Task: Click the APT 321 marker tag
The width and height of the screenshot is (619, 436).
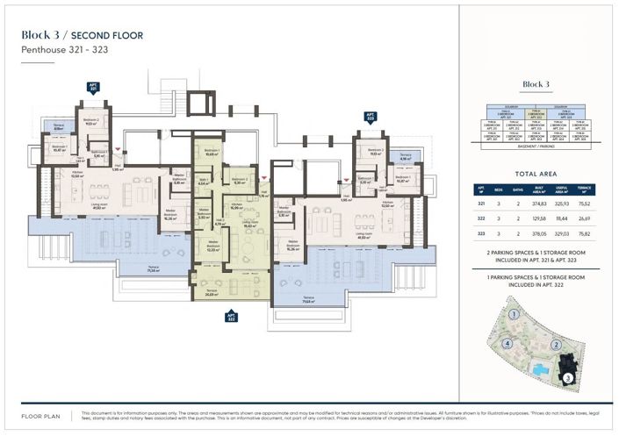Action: pyautogui.click(x=93, y=88)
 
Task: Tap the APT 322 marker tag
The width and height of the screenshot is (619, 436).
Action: pyautogui.click(x=232, y=317)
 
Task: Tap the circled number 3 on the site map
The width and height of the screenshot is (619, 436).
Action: pyautogui.click(x=568, y=377)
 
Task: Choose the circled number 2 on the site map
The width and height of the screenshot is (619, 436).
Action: pyautogui.click(x=556, y=345)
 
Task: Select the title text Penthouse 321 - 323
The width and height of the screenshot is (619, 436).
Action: pyautogui.click(x=64, y=50)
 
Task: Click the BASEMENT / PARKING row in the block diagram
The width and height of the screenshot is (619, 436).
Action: pyautogui.click(x=535, y=147)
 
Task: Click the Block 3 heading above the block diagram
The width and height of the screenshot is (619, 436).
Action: pyautogui.click(x=535, y=84)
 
